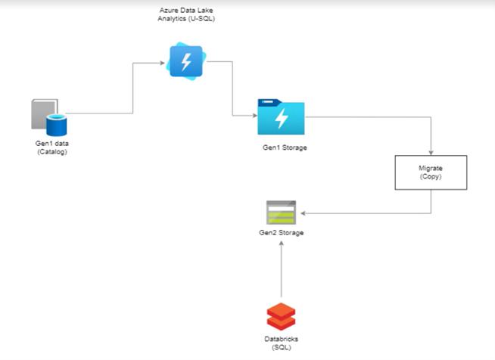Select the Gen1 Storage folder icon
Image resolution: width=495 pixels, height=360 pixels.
(281, 116)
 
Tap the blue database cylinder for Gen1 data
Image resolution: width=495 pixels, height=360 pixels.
(58, 124)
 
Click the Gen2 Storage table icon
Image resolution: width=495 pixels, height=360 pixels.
(281, 213)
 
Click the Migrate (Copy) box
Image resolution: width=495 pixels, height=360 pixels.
(431, 172)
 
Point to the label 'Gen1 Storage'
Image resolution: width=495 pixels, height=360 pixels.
(285, 147)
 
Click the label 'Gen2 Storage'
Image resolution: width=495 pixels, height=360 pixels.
(281, 233)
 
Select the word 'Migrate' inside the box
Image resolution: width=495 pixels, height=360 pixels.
(431, 168)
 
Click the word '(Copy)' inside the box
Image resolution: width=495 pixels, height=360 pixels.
(431, 176)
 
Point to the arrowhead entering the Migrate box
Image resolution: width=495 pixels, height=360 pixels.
(431, 152)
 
